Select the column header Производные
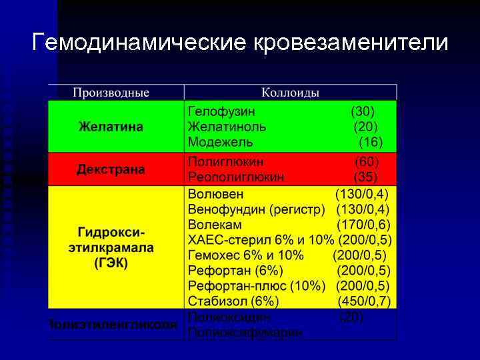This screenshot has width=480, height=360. [111, 92]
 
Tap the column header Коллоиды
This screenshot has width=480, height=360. [290, 92]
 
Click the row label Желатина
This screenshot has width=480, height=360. [111, 127]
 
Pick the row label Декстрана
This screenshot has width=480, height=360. [111, 169]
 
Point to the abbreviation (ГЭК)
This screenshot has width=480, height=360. [111, 262]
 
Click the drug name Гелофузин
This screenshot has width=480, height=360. [221, 111]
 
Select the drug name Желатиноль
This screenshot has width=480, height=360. [227, 127]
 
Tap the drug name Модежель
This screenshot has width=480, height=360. [220, 142]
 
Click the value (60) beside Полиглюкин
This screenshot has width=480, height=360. [366, 162]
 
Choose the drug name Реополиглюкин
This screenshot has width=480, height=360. [236, 177]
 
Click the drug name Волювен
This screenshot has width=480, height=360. [215, 194]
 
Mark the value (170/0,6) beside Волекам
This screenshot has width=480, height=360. [364, 224]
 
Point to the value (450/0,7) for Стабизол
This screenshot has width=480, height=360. [364, 301]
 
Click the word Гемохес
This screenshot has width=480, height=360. [217, 255]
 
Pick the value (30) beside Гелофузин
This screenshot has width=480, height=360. [363, 111]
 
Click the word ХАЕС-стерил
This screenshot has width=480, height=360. [225, 240]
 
